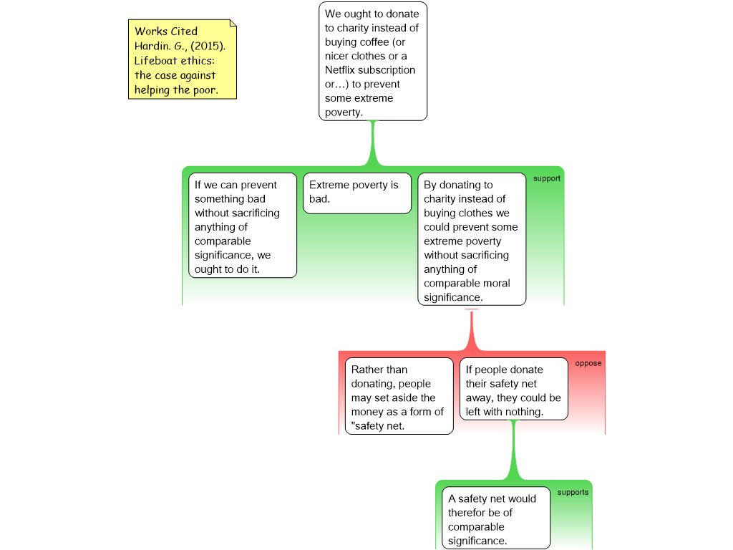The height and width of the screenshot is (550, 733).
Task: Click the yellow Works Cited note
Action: click(x=183, y=59)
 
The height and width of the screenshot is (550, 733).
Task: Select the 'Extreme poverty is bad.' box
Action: click(x=357, y=193)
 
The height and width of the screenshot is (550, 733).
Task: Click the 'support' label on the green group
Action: click(x=546, y=178)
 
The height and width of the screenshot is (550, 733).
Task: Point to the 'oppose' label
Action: click(x=588, y=363)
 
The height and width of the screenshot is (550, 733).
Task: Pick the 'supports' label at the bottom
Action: click(x=573, y=493)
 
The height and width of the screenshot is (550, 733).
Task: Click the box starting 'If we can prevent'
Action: click(x=243, y=226)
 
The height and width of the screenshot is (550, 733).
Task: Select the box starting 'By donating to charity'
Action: click(x=472, y=239)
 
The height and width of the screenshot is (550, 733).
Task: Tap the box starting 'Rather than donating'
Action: click(x=399, y=396)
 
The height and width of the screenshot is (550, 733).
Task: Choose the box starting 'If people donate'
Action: click(x=514, y=389)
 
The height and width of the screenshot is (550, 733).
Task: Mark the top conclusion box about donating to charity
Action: click(x=373, y=62)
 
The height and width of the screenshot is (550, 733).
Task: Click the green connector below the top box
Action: click(x=372, y=143)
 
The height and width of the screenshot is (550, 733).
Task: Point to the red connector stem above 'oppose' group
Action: click(x=472, y=330)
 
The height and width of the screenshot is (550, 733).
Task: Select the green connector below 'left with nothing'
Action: click(x=514, y=450)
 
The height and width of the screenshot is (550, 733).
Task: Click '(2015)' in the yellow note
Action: click(x=208, y=46)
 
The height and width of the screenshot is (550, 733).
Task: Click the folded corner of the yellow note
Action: click(x=233, y=23)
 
